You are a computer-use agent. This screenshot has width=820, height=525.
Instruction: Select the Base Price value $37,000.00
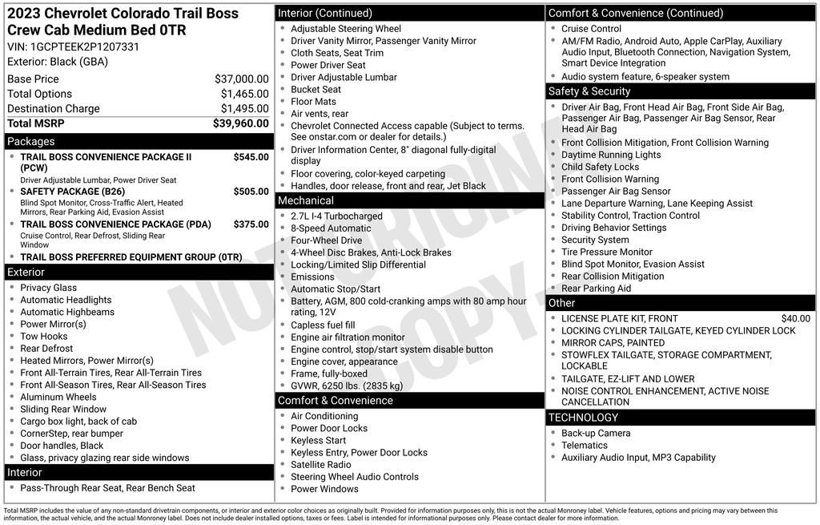[241, 79]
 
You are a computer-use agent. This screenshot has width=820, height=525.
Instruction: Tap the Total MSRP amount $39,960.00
[240, 123]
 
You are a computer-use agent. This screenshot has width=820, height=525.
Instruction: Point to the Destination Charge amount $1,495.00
[244, 108]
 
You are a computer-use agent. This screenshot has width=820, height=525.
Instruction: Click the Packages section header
[31, 141]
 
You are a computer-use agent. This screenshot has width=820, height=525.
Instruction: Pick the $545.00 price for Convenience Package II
[251, 157]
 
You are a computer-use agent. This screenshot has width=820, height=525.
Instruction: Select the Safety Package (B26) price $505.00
[251, 192]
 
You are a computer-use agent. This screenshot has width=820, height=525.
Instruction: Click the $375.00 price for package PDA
[251, 224]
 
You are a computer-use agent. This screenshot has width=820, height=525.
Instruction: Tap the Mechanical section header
[306, 200]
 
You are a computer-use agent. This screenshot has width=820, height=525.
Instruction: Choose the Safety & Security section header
[589, 91]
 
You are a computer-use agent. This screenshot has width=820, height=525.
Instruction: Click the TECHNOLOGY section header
[583, 418]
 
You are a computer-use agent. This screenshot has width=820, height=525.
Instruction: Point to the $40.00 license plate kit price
[795, 318]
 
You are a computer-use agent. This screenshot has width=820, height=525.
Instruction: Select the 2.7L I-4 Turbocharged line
[336, 216]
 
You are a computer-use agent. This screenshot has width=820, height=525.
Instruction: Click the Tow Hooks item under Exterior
[44, 337]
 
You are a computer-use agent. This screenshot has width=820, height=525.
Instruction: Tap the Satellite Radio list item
[320, 465]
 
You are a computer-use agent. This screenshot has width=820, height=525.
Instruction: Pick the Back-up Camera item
[596, 434]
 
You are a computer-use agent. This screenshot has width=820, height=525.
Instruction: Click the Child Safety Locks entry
[600, 167]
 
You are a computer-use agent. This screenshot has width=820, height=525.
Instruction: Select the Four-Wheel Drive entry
[326, 240]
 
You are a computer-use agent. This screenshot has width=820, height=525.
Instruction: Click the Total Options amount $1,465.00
[244, 94]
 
